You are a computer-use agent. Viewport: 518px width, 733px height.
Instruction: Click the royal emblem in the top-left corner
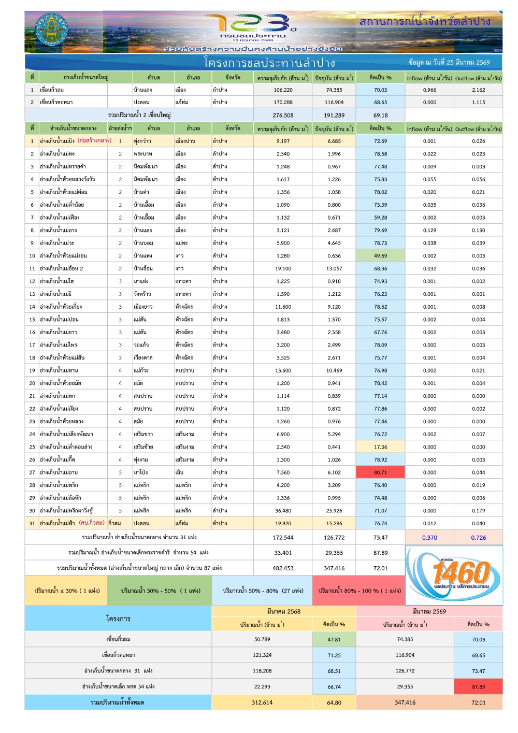coord(51,32)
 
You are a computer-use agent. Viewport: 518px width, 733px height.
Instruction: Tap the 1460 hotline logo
coord(454,575)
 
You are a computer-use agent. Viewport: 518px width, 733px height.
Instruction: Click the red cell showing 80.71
coord(380,472)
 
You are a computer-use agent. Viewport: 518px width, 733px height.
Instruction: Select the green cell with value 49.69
coord(380,256)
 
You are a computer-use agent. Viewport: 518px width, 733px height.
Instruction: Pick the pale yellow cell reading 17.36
coord(380,447)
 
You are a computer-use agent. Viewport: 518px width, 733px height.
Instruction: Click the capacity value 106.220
coord(283,90)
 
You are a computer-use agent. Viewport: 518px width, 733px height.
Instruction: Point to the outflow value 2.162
coord(478,90)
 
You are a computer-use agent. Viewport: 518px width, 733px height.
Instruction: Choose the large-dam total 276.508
coord(283,116)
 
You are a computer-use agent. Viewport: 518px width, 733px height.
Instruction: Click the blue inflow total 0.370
coord(429,538)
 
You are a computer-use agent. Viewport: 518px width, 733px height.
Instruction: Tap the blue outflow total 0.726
coord(478,538)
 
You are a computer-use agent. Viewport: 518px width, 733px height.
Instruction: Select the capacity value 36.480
coord(283,511)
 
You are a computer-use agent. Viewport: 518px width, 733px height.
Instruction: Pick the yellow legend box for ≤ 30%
coord(67,591)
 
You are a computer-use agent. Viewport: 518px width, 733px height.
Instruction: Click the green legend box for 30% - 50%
coord(159,591)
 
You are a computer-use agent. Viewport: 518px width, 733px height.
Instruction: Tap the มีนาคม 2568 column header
coord(283,611)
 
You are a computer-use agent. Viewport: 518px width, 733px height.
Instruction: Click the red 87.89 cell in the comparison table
coord(478,687)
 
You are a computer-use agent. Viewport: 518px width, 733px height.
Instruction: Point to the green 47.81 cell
coord(334,640)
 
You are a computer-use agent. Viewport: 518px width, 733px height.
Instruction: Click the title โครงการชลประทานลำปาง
coord(269,63)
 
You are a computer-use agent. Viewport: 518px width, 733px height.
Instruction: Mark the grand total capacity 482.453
coord(283,568)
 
